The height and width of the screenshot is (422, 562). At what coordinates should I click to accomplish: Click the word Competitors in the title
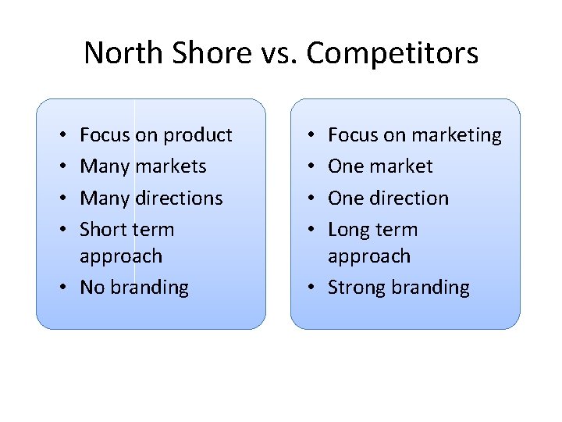click(393, 54)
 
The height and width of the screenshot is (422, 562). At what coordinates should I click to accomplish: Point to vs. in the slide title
click(276, 54)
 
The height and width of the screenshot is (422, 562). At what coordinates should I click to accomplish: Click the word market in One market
click(403, 166)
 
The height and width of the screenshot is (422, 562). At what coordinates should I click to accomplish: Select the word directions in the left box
click(180, 198)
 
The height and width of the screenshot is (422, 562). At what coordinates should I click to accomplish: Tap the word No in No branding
click(92, 288)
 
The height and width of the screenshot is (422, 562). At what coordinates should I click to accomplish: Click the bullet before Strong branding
click(312, 288)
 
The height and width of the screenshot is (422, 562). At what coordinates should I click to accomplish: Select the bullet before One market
click(312, 167)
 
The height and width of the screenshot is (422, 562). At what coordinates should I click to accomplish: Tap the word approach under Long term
click(369, 256)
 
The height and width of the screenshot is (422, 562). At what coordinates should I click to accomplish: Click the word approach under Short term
click(121, 256)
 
